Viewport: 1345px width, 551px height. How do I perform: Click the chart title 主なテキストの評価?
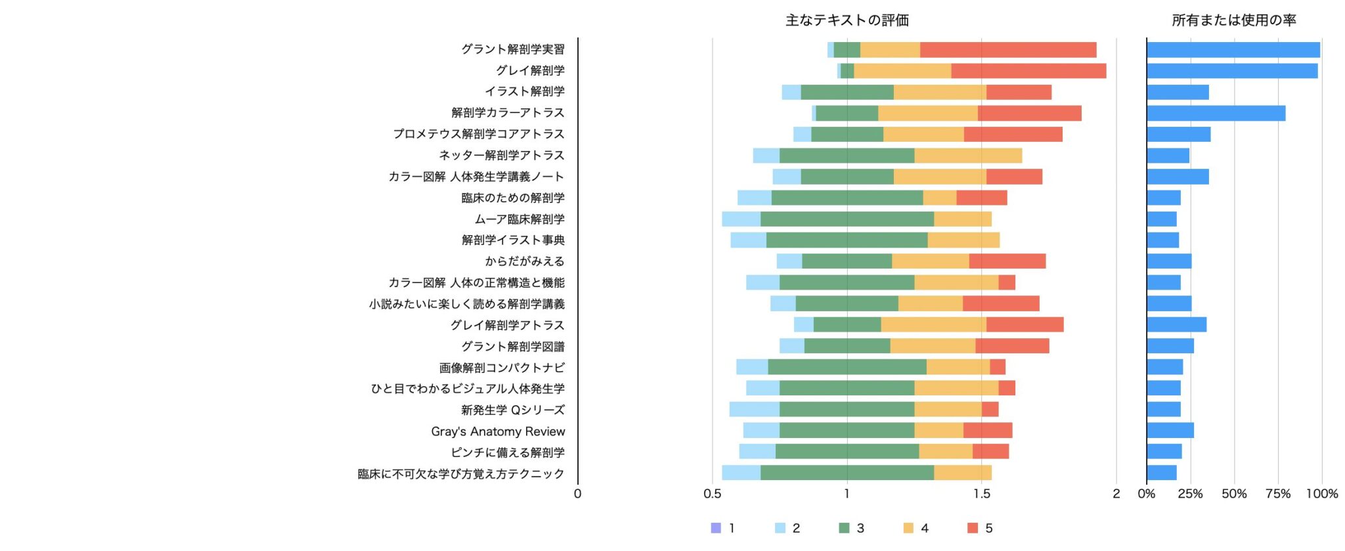[x=847, y=20]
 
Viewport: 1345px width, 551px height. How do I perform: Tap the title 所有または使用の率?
[x=1233, y=20]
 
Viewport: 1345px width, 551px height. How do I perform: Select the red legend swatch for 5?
[x=973, y=528]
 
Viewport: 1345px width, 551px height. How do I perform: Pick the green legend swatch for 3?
[x=845, y=528]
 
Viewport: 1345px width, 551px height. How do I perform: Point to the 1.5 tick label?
[x=982, y=494]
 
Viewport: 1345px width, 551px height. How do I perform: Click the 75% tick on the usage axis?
[x=1277, y=494]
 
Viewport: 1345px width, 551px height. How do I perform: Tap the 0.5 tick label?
[x=713, y=494]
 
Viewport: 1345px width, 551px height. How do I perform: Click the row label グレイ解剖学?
[x=530, y=70]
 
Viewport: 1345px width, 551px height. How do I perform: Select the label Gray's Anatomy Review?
[x=498, y=431]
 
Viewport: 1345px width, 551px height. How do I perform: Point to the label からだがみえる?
[x=525, y=261]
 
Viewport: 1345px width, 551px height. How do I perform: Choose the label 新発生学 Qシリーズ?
[x=512, y=410]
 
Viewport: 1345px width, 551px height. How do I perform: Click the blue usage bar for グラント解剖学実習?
[x=1233, y=50]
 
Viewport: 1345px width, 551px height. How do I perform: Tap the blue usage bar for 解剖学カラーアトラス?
[x=1216, y=113]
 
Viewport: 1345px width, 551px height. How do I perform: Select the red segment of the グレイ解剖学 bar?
[x=1028, y=71]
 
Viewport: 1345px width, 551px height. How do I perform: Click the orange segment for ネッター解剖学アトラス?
[x=968, y=156]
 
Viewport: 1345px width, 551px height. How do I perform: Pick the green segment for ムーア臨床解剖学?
[x=847, y=219]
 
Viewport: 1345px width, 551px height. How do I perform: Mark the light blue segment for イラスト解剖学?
[x=791, y=92]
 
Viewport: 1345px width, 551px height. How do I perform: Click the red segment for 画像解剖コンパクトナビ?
[x=998, y=367]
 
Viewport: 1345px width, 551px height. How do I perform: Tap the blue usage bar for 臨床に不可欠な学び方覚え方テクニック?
[x=1162, y=473]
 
